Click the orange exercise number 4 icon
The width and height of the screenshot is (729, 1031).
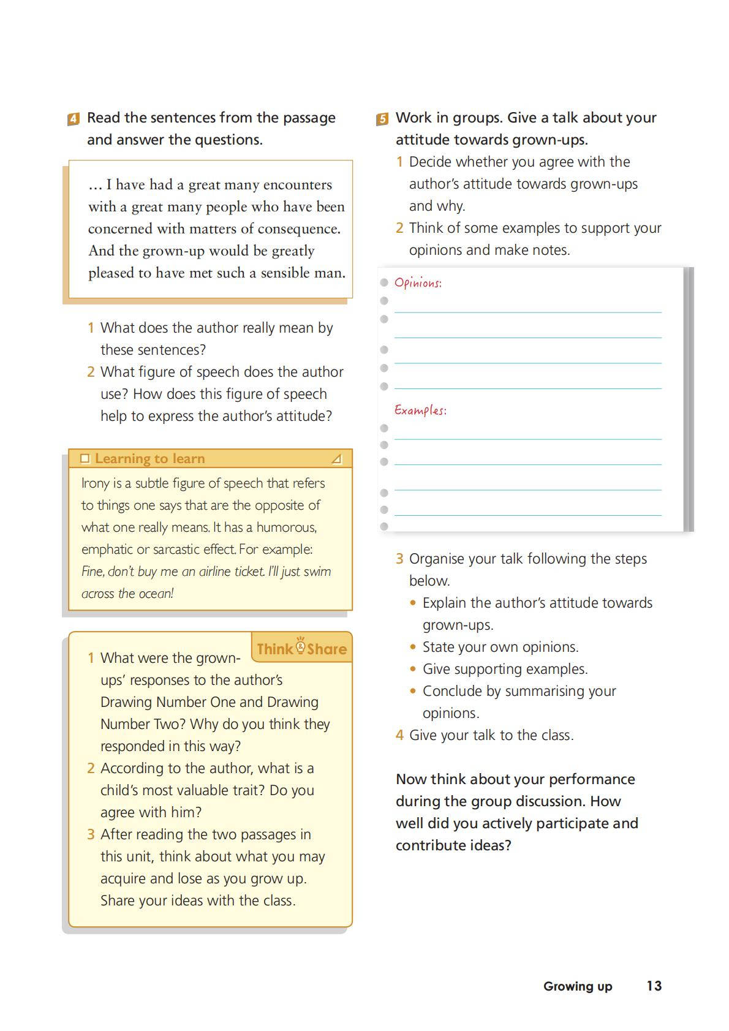[74, 119]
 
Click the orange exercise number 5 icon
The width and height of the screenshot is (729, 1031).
[382, 119]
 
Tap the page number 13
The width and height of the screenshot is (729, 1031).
[654, 986]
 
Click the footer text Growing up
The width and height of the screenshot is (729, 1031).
[577, 986]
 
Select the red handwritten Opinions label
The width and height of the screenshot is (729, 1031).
[418, 283]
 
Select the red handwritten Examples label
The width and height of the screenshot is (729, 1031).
[420, 410]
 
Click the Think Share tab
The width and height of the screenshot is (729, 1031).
[301, 648]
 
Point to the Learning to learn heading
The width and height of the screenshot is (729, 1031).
[149, 459]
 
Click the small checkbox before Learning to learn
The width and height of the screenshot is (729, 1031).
[85, 459]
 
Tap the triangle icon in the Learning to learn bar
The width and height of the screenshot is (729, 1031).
[336, 459]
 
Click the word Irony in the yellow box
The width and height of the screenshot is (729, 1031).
[95, 483]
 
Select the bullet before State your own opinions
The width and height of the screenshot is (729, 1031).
[414, 648]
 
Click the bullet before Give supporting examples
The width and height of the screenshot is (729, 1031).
[414, 670]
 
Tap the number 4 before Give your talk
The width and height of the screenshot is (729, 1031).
[399, 735]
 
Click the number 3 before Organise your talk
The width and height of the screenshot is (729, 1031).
[399, 559]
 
